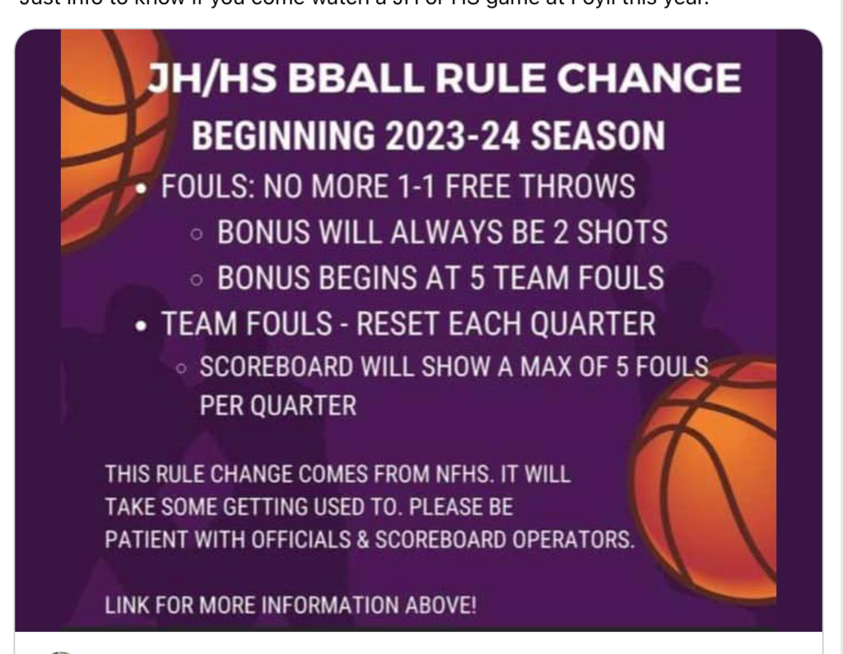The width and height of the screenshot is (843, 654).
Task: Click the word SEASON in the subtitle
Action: coord(597,136)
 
